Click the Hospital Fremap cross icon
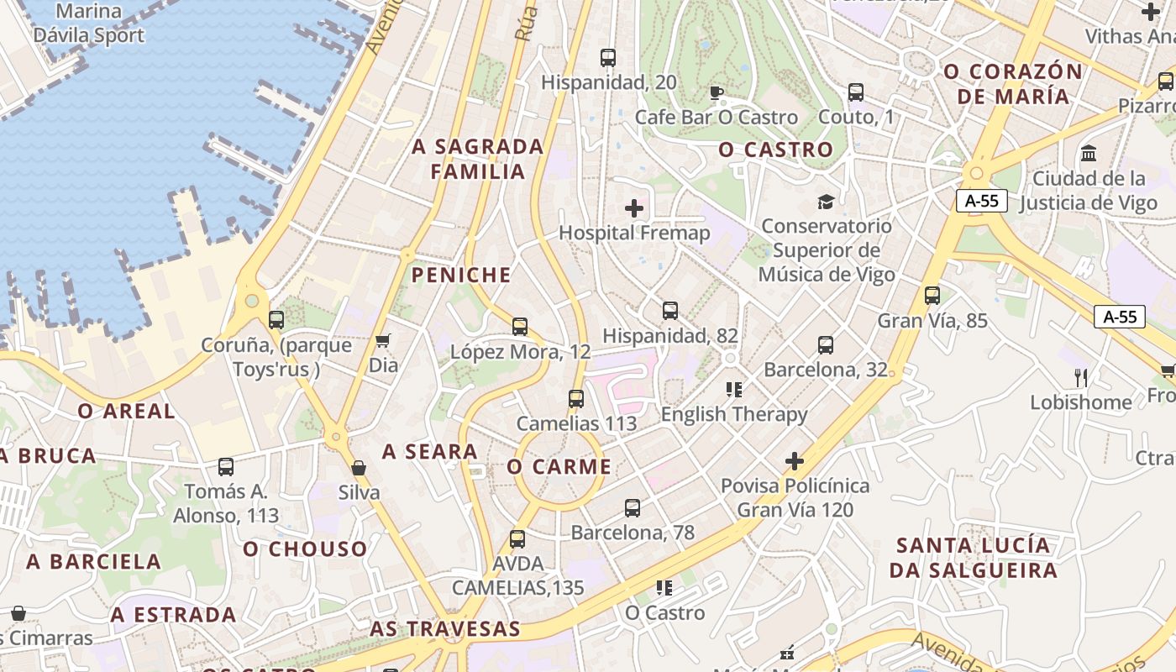pos(634,207)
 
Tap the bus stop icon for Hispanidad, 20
pos(608,58)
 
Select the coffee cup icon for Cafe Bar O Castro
pos(716,92)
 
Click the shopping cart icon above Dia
pos(383,340)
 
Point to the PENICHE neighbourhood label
pos(461,276)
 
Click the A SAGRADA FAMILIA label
pos(478,159)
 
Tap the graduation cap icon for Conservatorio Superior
pos(826,202)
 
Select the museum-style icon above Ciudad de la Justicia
pos(1089,154)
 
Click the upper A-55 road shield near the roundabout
pos(981,201)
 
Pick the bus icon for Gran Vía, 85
pos(932,296)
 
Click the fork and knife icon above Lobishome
pos(1081,377)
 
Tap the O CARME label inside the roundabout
pos(559,467)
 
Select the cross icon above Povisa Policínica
pos(794,460)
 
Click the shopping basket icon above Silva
pos(359,468)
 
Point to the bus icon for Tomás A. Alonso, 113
pos(225,467)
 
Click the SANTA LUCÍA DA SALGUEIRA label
pos(974,558)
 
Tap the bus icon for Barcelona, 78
pos(633,507)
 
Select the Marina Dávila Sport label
pos(88,24)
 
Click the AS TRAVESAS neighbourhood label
pos(445,628)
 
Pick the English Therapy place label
pos(734,414)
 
